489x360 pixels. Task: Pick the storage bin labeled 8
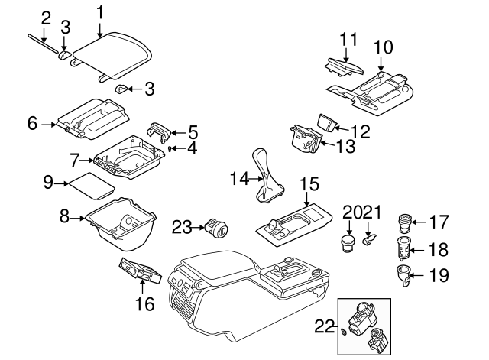122,225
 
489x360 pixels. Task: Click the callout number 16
144,303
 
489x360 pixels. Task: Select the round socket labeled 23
216,228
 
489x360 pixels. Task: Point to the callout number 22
324,326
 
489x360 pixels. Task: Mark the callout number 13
345,144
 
